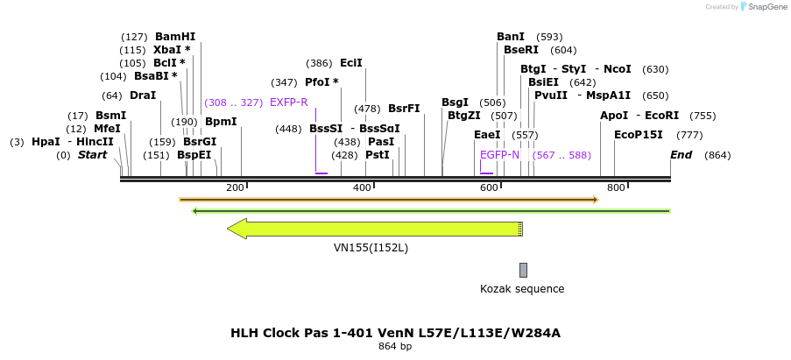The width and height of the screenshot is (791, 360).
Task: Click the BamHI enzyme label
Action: pos(175,37)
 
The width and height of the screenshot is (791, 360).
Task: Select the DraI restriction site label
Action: pos(142,95)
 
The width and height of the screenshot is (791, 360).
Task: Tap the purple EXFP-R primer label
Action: pos(288,102)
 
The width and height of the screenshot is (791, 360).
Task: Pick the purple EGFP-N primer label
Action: pos(499,155)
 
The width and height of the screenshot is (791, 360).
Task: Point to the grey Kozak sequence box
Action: pos(523,270)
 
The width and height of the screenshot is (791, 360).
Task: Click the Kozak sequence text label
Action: pos(522,289)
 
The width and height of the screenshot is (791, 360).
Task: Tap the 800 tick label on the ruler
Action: pos(616,188)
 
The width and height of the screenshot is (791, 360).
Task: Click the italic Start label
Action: pos(92,155)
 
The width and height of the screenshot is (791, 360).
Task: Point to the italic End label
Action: pos(681,155)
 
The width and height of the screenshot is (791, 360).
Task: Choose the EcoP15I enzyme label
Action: pos(638,135)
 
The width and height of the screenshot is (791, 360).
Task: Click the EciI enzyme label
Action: pos(351,63)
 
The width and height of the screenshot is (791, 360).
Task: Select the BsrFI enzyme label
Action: pos(404,109)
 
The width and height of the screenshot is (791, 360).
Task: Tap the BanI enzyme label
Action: pos(511,37)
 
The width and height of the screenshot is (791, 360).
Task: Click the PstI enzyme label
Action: pos(378,155)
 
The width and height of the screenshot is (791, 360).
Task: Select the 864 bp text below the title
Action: pos(395,347)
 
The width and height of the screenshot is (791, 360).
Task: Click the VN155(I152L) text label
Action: pos(371,248)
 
